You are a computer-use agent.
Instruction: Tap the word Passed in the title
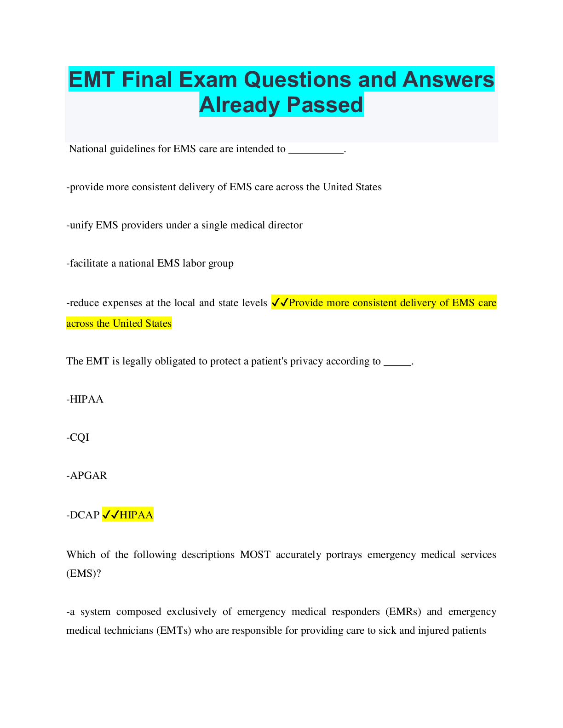tap(325, 105)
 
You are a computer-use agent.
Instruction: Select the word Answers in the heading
tap(448, 80)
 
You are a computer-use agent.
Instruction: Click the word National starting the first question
tap(88, 149)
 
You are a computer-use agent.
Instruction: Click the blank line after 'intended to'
tap(316, 153)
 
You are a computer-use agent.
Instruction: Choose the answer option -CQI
tap(78, 438)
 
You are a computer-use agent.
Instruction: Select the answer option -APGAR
tap(86, 475)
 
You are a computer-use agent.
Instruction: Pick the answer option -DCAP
tap(83, 515)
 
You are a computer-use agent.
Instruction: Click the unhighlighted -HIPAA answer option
tap(85, 399)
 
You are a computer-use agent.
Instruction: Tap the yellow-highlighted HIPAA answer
tap(137, 515)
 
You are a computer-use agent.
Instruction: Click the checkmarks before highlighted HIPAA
tap(111, 514)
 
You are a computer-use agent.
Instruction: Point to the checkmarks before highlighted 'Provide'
tap(280, 302)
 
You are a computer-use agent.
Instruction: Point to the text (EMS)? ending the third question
tap(84, 574)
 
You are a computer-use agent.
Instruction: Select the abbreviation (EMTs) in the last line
tap(174, 631)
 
